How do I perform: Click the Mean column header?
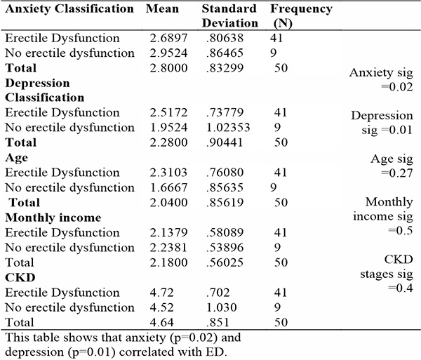coord(162,9)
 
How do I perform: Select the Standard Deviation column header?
coord(230,16)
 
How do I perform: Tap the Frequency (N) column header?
coord(301,16)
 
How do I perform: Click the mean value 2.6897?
coord(168,38)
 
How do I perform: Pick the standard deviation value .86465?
coord(225,53)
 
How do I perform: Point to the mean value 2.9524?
coord(168,53)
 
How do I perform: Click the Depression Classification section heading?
coord(45,91)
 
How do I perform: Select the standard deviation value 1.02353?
coord(228,128)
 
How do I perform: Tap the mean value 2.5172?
coord(168,112)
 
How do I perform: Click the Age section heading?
coord(16,158)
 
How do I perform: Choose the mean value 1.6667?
coord(168,187)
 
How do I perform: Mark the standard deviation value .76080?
coord(225,173)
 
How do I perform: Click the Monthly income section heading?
coord(53,218)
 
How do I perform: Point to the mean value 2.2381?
coord(168,247)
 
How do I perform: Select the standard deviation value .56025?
coord(225,262)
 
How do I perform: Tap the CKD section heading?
coord(20,277)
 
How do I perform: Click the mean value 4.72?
coord(161,293)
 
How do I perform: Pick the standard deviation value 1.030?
coord(221,307)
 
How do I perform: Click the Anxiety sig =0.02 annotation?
coord(381,80)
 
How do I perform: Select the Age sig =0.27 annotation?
coord(392,166)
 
